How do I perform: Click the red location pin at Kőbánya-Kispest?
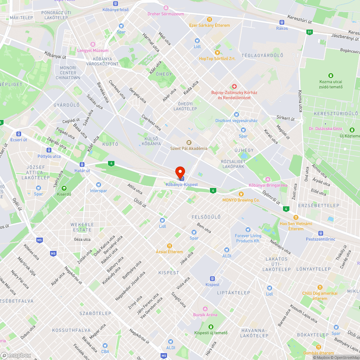coord(180,172)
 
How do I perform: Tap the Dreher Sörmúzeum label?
coord(166,14)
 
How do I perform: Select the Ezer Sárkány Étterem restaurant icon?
coord(210,19)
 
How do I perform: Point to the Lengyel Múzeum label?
coord(93,50)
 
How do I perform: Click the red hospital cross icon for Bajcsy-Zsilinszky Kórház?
coord(234,86)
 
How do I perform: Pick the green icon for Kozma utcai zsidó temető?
coord(330,76)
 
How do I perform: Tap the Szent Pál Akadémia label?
coord(189,148)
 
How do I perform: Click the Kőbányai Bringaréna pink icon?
coord(268,179)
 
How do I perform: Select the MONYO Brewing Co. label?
coord(241,200)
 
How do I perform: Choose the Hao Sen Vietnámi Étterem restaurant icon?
coord(296,217)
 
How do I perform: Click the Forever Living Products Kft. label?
coord(248,238)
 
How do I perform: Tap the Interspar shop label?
coord(98,191)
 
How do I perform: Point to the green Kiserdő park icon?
coord(64,188)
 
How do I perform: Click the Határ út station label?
coord(82,170)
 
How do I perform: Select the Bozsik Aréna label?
coord(205,315)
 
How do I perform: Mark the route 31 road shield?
coord(310,32)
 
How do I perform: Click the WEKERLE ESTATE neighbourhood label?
coord(82,227)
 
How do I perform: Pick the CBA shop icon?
coord(105,346)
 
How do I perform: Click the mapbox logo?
coord(16,355)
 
